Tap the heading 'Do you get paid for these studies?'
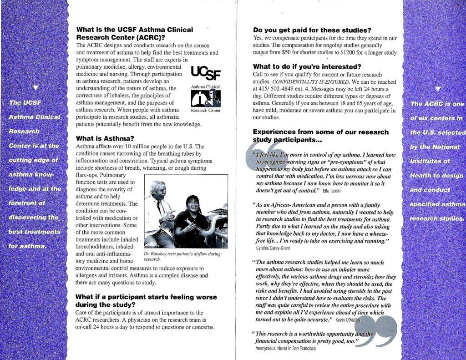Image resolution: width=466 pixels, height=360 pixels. coord(312,30)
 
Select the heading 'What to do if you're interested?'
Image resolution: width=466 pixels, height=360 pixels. coord(307,66)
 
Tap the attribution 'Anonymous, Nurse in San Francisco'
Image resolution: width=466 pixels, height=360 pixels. coord(285,348)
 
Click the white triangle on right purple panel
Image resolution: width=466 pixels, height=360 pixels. coord(438,88)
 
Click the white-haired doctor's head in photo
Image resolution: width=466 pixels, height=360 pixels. coord(157,188)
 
